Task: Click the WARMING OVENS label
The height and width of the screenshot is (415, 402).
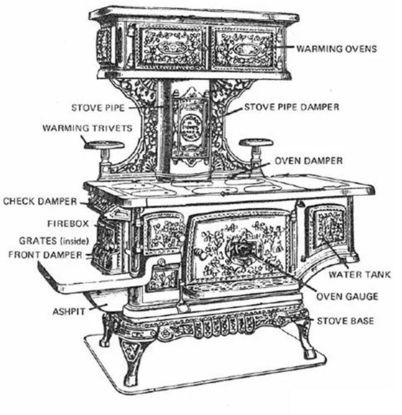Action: [336, 49]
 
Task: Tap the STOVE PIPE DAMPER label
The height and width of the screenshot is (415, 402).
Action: [292, 107]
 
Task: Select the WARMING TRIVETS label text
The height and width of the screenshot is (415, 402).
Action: [87, 128]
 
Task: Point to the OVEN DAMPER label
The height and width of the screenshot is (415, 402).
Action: [308, 161]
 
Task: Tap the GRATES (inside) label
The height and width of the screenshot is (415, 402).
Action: [48, 242]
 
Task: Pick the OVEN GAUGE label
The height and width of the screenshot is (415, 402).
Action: [347, 296]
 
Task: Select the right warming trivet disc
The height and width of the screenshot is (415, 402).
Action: [255, 143]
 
